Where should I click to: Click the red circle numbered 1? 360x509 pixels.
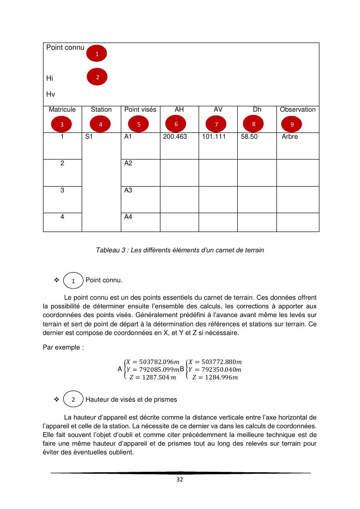[97, 54]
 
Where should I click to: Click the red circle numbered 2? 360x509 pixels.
[97, 76]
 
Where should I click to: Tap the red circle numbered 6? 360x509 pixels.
[176, 124]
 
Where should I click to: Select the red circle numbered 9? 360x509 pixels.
[291, 124]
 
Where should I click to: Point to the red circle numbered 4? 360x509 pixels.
[100, 124]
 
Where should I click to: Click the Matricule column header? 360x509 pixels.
[62, 110]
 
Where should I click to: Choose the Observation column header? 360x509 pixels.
[298, 110]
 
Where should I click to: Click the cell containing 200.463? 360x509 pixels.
[175, 137]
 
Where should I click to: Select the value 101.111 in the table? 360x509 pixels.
[214, 137]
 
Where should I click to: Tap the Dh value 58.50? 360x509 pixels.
[249, 137]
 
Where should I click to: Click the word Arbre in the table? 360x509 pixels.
[290, 137]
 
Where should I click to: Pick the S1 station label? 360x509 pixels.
[88, 137]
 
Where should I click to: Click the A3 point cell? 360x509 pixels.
[128, 190]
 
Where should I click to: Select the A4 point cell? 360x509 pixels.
[128, 217]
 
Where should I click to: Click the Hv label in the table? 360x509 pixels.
[50, 94]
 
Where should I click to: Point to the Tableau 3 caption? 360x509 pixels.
[180, 250]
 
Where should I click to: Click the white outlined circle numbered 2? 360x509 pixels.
[73, 400]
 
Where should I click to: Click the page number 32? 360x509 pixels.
[180, 480]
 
